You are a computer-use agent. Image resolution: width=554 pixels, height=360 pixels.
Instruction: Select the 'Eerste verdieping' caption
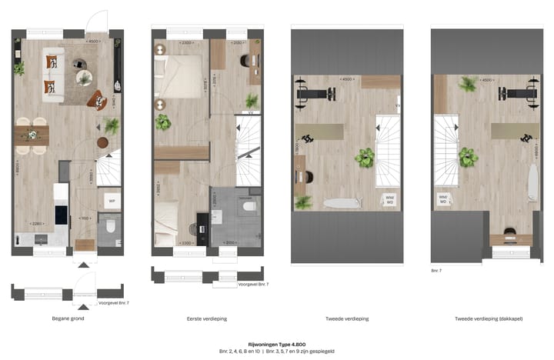coord(205,318)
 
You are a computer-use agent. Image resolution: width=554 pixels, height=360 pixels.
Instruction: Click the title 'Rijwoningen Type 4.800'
coord(276,344)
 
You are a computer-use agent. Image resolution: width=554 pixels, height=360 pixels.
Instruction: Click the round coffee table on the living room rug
coord(83,78)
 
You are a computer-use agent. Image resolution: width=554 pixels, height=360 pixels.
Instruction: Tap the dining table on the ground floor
coord(32,135)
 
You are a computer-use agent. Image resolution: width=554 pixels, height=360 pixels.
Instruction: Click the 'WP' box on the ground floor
coord(111,202)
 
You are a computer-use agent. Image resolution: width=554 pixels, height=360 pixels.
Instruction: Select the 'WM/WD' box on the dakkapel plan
coord(443,198)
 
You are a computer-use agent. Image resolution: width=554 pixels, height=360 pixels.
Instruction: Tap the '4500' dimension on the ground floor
coord(93,41)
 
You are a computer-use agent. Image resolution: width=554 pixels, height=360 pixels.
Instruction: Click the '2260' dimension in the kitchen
coord(35,223)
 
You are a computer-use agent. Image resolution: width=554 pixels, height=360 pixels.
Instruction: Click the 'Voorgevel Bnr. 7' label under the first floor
coord(253,283)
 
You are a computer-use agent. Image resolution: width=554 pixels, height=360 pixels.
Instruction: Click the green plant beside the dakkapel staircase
coord(464,157)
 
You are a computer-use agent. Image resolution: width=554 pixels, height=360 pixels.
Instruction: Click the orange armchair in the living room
coord(95,99)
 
